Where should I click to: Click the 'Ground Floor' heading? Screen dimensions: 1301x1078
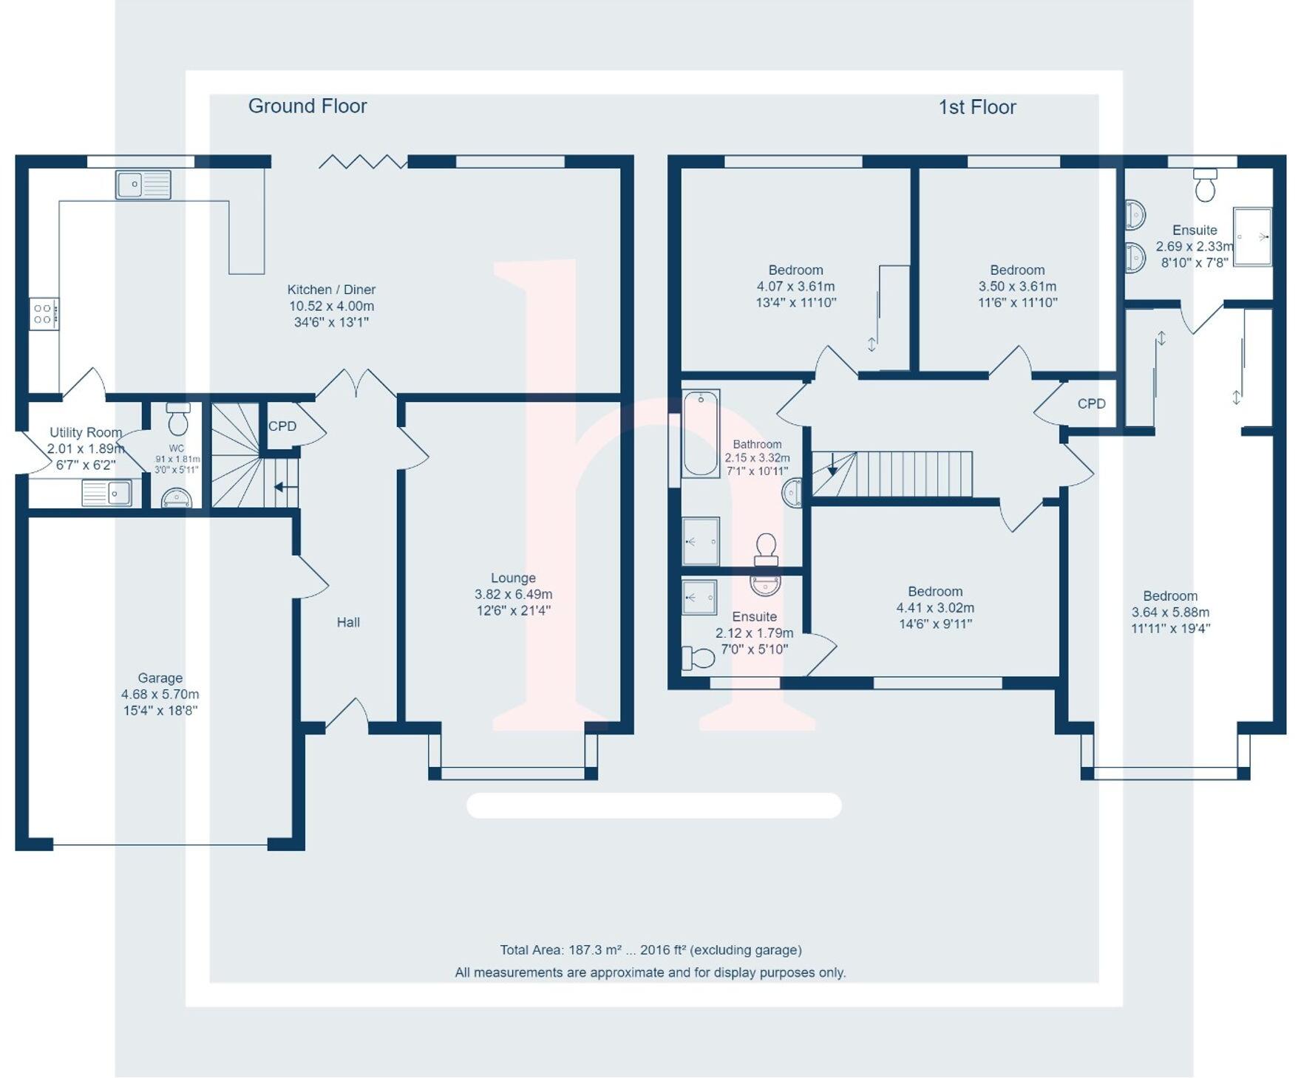tap(308, 106)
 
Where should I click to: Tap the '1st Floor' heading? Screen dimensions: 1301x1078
tap(977, 108)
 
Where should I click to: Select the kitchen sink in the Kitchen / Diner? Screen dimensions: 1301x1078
tap(143, 185)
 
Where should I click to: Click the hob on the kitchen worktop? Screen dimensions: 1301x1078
tap(44, 314)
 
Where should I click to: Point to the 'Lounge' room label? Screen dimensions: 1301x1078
tap(513, 579)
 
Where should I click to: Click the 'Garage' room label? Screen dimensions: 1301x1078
tap(160, 678)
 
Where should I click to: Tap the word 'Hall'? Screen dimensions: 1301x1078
tap(348, 623)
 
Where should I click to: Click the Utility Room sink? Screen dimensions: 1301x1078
tap(107, 493)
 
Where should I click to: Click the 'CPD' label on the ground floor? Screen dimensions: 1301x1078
tap(282, 427)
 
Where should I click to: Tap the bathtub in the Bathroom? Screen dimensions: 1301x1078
tap(700, 434)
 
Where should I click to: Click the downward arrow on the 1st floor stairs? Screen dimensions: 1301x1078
tap(832, 465)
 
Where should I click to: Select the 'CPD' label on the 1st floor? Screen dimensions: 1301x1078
tap(1091, 404)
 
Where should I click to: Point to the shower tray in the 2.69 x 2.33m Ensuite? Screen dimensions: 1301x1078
tap(1252, 236)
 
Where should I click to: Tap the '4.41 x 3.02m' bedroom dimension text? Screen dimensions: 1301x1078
tap(935, 608)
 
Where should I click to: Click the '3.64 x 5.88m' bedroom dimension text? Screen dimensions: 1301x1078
tap(1170, 613)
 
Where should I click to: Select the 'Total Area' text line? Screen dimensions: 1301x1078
tap(650, 950)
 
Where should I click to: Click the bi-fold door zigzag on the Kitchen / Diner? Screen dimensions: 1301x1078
tap(362, 161)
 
